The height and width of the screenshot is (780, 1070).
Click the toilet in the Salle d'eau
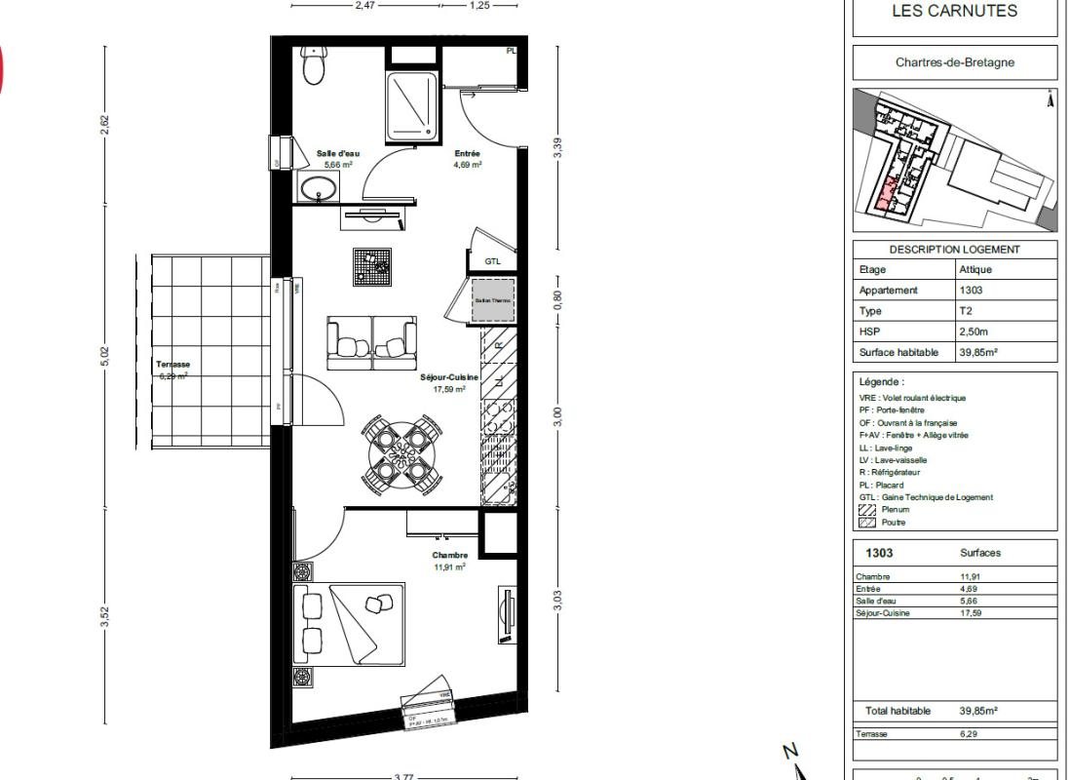(x=314, y=67)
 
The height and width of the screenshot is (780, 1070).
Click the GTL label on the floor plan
(x=493, y=261)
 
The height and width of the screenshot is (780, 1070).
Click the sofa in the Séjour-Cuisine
(x=371, y=343)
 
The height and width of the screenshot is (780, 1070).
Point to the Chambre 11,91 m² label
(x=449, y=561)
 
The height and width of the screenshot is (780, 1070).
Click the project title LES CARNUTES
(x=954, y=12)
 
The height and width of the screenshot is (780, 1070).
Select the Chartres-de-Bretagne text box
(x=954, y=62)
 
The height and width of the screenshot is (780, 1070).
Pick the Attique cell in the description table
(x=975, y=270)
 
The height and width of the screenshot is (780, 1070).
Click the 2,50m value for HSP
(x=974, y=332)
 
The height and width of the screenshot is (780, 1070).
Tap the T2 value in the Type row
(x=967, y=311)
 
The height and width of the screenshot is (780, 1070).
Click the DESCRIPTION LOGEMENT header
(x=954, y=250)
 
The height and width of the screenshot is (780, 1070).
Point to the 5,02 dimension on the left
(x=105, y=357)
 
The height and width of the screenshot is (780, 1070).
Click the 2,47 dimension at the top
(x=364, y=5)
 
